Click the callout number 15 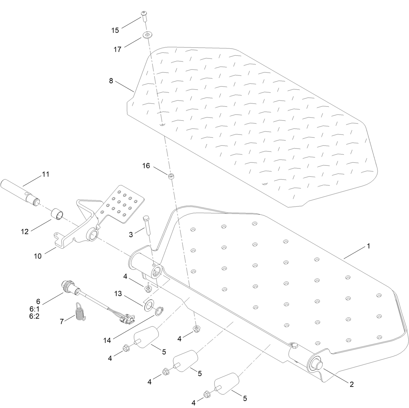click(115, 30)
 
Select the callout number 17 click(117, 49)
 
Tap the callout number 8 click(111, 81)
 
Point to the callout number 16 click(146, 166)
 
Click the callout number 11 click(46, 174)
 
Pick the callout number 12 click(25, 232)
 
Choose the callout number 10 click(38, 256)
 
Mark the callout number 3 click(131, 234)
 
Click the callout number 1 click(368, 246)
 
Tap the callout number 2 click(351, 384)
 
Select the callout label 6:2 click(34, 316)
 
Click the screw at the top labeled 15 click(144, 16)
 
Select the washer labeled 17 click(147, 34)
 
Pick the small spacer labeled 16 click(170, 176)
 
